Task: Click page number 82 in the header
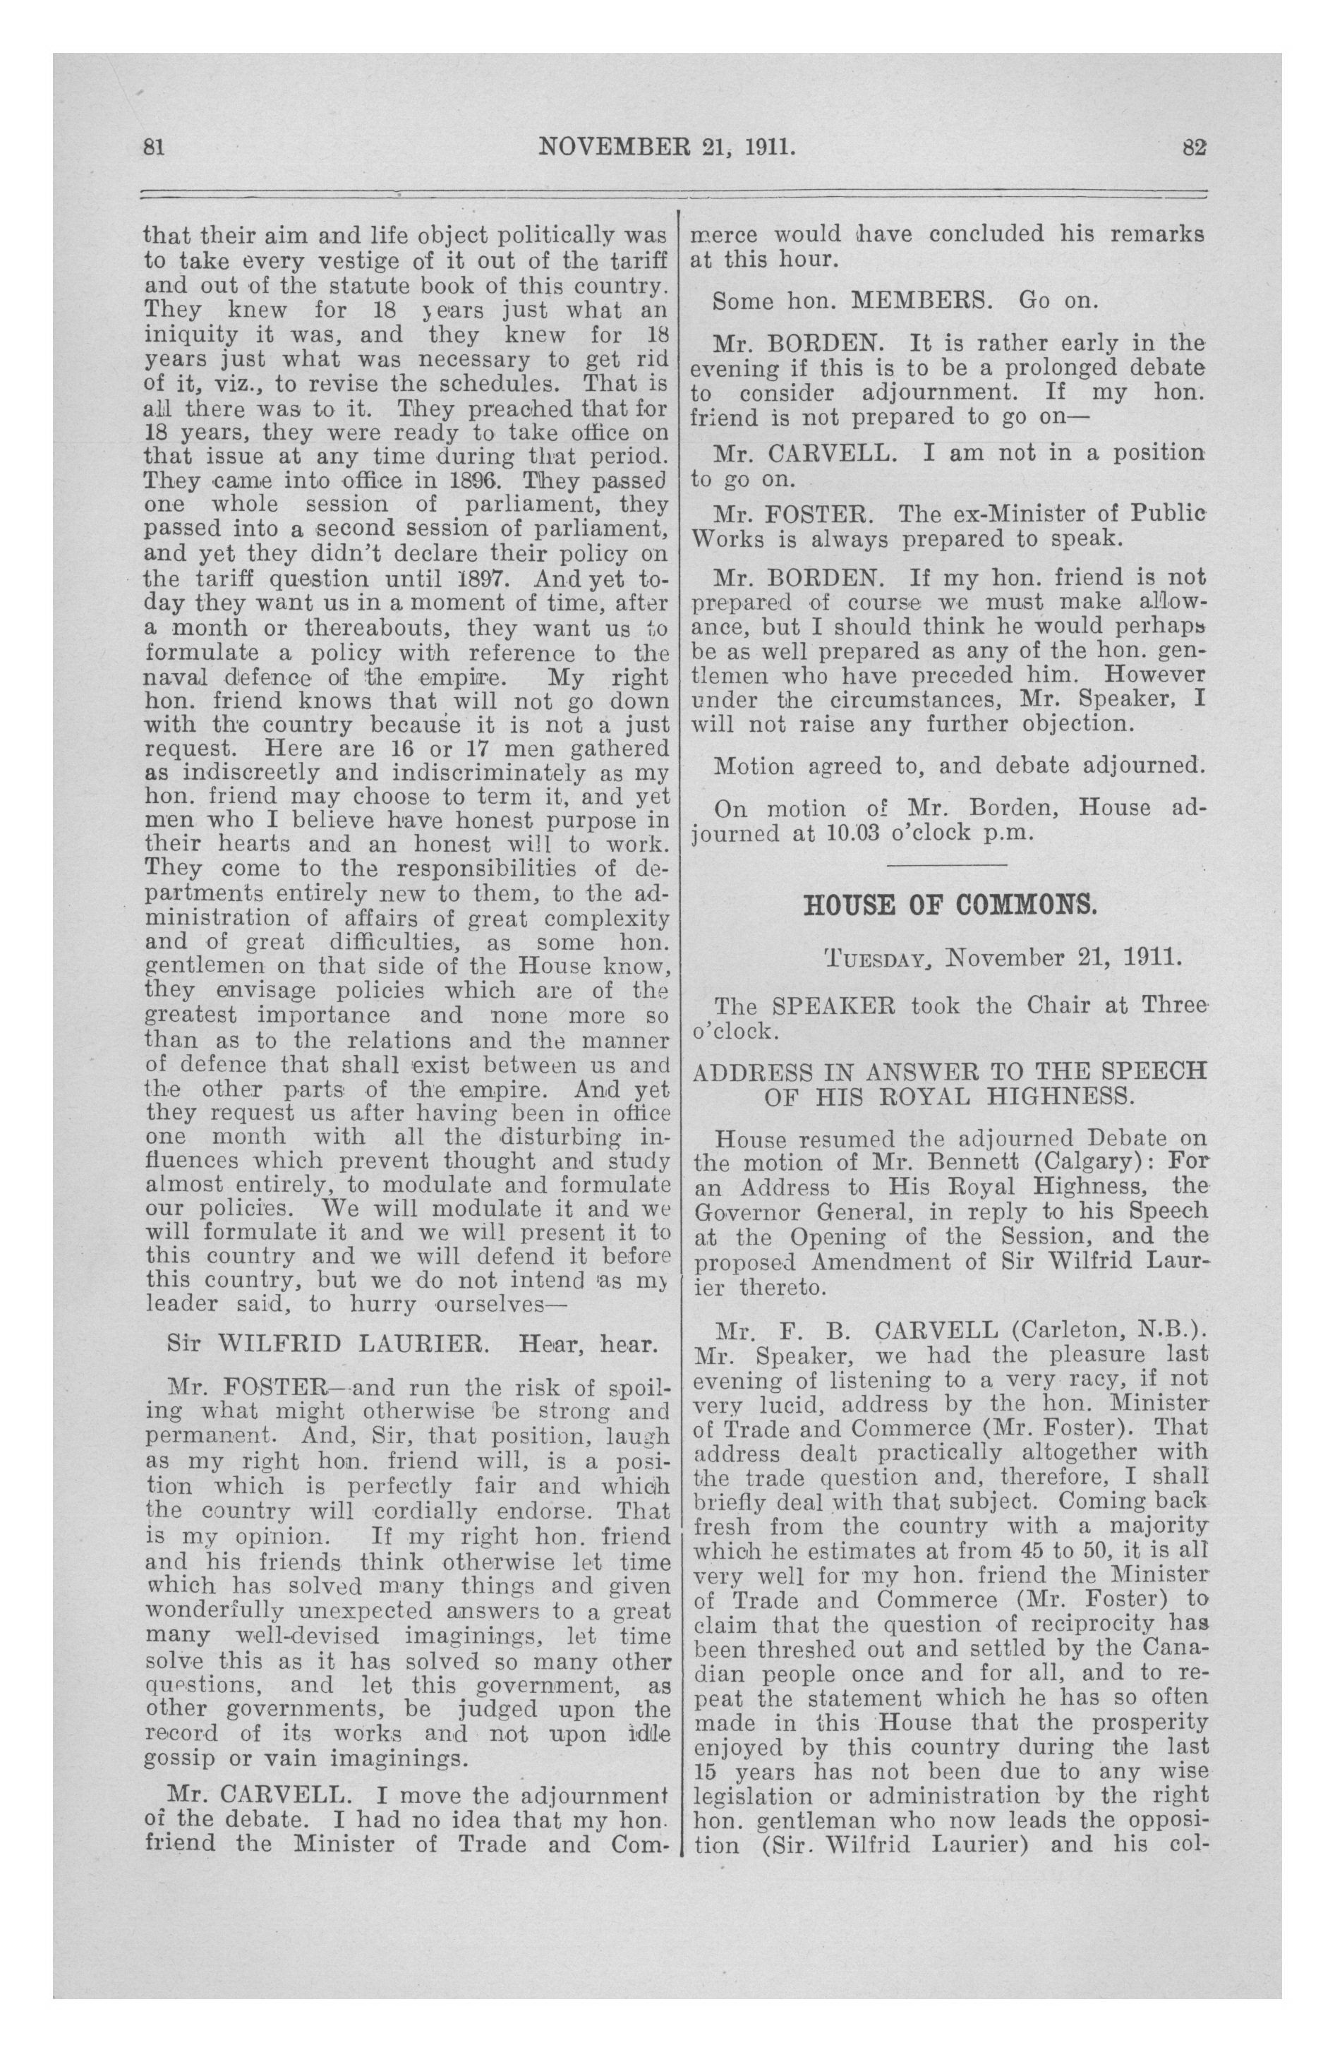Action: [1194, 147]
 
